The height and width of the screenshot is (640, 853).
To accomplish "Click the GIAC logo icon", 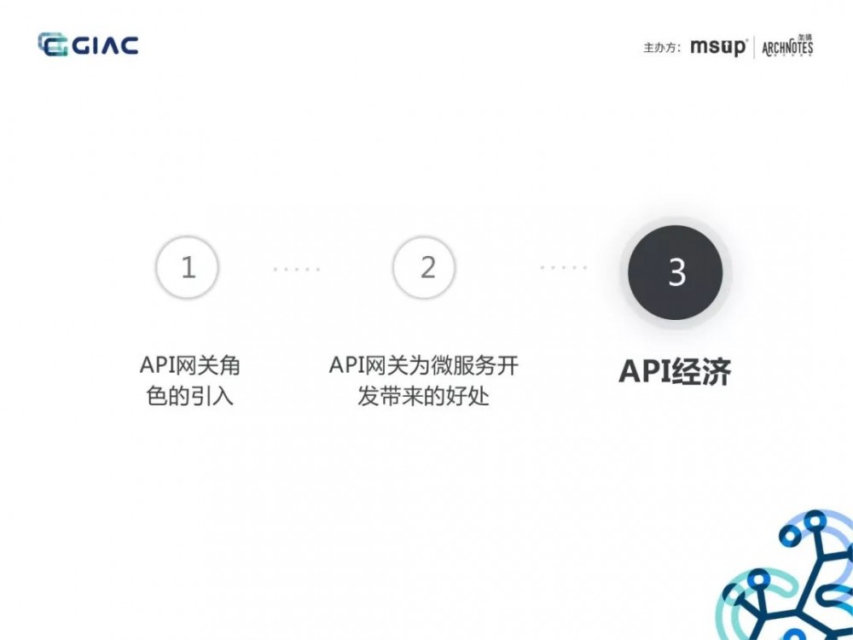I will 53,44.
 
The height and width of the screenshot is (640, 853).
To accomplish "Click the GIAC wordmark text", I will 104,44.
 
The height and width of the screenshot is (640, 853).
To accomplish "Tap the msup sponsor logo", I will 719,47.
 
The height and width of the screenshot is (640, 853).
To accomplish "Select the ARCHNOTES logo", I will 787,46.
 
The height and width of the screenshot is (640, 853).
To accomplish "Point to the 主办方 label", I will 661,48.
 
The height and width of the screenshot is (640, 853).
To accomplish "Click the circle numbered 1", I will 188,268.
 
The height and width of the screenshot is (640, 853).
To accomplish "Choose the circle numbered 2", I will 424,268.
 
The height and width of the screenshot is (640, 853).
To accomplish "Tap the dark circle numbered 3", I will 676,272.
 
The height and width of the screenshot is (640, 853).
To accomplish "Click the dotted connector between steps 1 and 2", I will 297,269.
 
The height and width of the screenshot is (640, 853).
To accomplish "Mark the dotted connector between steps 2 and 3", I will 564,268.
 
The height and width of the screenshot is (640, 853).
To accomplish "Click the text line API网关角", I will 189,366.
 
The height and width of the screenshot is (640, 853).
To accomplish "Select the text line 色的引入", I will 189,397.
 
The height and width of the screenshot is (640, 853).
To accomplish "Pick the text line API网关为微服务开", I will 424,366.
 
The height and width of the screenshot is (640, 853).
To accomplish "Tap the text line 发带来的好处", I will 424,397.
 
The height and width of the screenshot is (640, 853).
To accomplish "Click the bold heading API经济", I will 675,372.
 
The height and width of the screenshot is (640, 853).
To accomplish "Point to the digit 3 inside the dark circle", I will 676,273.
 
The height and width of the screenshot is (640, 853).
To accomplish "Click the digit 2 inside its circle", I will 427,268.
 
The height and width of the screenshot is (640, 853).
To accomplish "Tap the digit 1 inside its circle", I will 189,268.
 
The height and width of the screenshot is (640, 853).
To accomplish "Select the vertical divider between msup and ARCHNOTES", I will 754,47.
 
